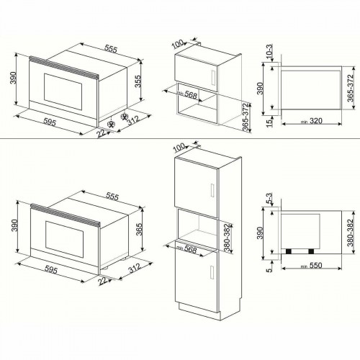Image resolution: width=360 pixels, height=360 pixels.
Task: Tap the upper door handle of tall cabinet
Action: pos(213,189)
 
